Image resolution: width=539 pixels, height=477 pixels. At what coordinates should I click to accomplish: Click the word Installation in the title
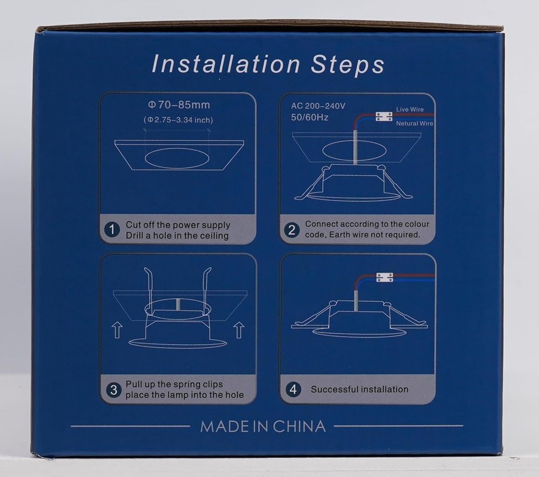click(x=226, y=64)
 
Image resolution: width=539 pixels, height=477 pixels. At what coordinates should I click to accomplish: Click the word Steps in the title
click(x=347, y=64)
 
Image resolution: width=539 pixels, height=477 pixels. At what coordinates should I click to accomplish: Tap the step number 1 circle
click(x=112, y=230)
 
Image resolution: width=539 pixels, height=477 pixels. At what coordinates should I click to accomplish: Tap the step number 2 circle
click(x=292, y=230)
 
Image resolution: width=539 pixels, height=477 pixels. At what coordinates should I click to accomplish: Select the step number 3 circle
click(x=113, y=390)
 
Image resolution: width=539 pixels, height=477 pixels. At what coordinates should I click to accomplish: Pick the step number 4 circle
click(x=293, y=390)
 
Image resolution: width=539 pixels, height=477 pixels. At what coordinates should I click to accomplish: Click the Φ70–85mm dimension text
click(x=178, y=104)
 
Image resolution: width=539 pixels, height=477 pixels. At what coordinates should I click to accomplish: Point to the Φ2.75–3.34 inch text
click(x=178, y=120)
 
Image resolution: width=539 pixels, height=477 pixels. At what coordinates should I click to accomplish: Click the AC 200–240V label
click(x=318, y=106)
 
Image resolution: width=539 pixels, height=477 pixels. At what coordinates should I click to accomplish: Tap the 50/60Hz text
click(x=310, y=117)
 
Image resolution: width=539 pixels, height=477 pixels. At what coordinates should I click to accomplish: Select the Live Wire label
click(x=410, y=110)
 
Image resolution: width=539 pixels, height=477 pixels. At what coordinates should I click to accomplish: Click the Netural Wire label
click(x=414, y=123)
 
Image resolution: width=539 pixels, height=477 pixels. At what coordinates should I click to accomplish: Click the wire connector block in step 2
click(x=384, y=117)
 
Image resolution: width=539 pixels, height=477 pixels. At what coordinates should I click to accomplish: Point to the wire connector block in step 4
click(x=384, y=277)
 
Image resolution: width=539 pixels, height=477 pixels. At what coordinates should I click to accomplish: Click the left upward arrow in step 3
click(x=117, y=330)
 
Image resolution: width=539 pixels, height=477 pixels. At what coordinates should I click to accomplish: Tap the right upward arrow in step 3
click(x=239, y=331)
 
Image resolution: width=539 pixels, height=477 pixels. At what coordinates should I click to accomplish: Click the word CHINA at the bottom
click(x=299, y=427)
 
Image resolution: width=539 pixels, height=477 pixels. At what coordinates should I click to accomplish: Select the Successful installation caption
click(x=359, y=390)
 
